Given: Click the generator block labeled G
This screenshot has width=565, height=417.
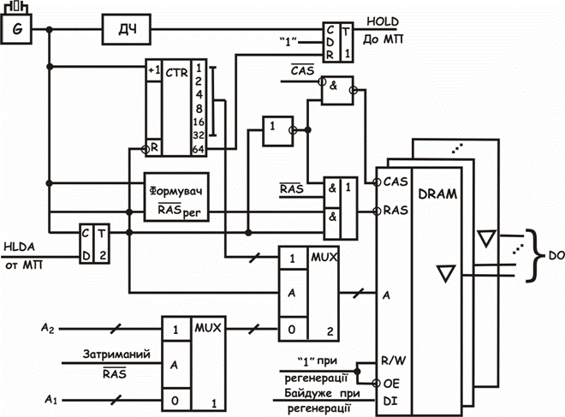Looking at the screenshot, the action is point(16,29).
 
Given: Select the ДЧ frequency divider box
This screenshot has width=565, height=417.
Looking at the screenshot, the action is point(126,29).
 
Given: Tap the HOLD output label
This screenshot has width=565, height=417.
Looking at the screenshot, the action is point(383,21).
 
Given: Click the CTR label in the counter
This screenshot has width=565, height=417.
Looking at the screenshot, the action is point(176,73).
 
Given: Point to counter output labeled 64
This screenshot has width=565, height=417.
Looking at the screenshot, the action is point(199,149).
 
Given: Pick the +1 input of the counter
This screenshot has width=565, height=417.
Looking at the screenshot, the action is point(154,70).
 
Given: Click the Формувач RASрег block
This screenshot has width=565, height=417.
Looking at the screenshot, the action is point(176,197).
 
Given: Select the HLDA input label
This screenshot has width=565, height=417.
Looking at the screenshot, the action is point(19,247).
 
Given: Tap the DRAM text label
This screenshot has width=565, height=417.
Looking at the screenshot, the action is point(437,194).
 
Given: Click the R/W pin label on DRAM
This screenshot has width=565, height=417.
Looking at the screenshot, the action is point(394,360).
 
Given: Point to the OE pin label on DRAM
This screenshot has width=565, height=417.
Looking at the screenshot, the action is point(391,384).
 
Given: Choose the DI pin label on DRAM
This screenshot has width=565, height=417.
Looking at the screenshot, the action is point(390,401).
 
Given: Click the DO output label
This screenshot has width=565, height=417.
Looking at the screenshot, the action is point(556,255).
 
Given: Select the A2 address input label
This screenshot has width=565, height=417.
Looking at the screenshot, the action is point(48,328).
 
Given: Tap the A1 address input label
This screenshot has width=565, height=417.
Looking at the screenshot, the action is point(51,399).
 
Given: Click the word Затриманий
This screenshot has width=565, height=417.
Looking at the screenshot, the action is point(116,354).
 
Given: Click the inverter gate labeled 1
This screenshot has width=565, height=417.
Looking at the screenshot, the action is point(278,131).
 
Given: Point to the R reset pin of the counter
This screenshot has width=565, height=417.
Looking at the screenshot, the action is point(154,147).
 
